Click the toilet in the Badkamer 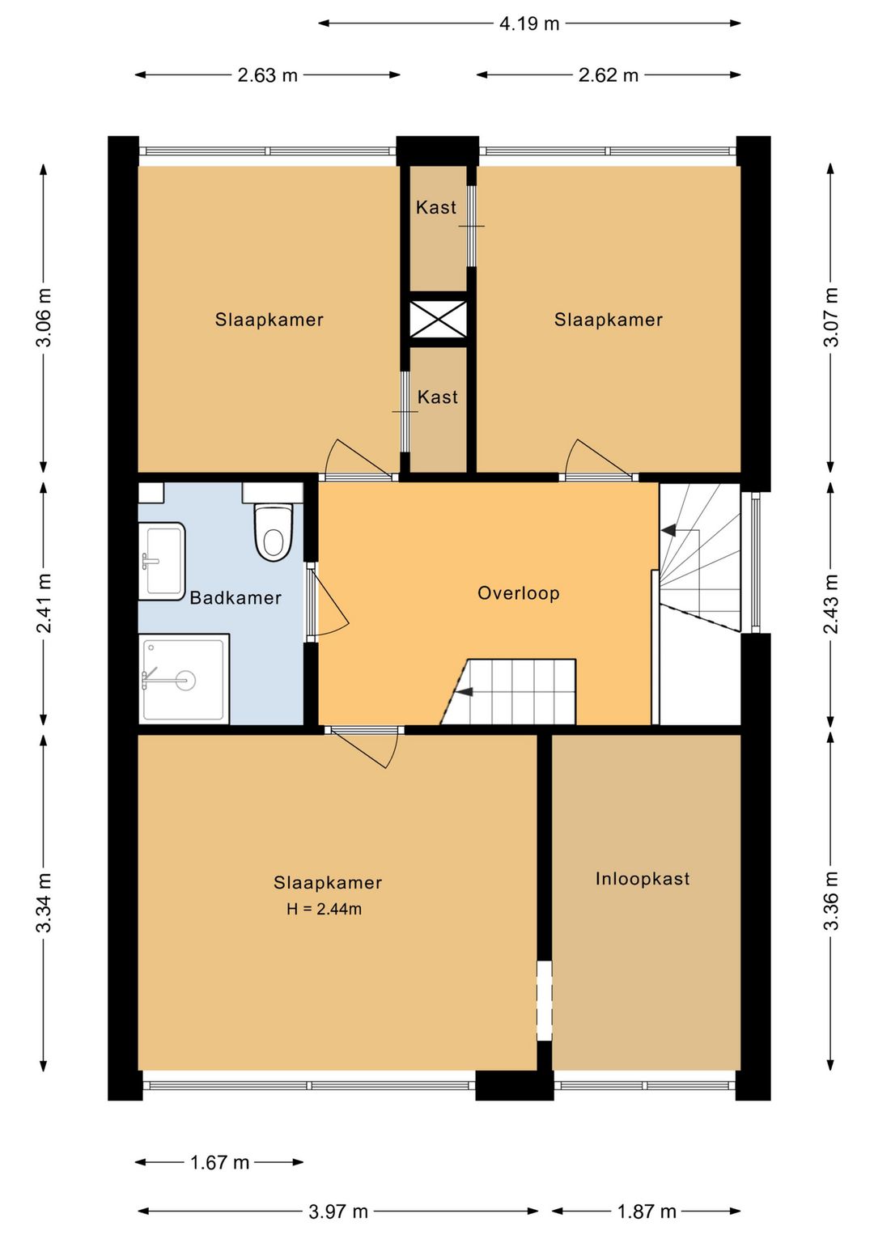pyautogui.click(x=273, y=533)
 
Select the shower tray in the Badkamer pyautogui.click(x=184, y=678)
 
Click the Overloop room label pyautogui.click(x=518, y=593)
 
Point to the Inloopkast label pyautogui.click(x=643, y=879)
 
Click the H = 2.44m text pyautogui.click(x=324, y=909)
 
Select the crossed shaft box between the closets pyautogui.click(x=438, y=319)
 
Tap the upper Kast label pyautogui.click(x=436, y=208)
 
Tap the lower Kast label pyautogui.click(x=438, y=397)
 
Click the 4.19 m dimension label pyautogui.click(x=529, y=23)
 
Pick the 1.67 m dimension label pyautogui.click(x=219, y=1162)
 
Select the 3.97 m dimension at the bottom pyautogui.click(x=338, y=1212)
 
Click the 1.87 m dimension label pyautogui.click(x=647, y=1212)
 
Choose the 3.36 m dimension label pyautogui.click(x=831, y=901)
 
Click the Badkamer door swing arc pyautogui.click(x=332, y=603)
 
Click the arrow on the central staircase pyautogui.click(x=465, y=692)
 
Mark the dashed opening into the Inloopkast pyautogui.click(x=545, y=1000)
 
